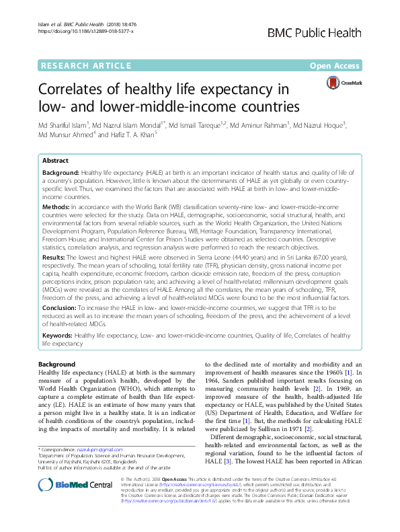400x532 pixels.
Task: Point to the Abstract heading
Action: coord(55,161)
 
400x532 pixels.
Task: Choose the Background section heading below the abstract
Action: coord(57,364)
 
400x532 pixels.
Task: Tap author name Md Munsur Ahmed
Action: coord(67,134)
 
